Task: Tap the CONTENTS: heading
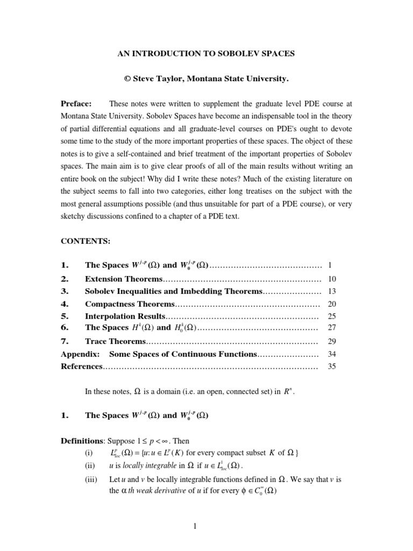tap(85, 241)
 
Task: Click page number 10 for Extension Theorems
tap(332, 279)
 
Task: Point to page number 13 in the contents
tap(332, 291)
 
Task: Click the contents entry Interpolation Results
tap(125, 316)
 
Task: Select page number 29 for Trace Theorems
tap(332, 341)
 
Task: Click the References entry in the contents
tap(81, 366)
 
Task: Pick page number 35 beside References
tap(332, 366)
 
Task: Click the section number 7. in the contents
tap(66, 341)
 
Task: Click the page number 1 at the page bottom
tap(197, 527)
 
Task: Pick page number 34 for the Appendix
tap(332, 354)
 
